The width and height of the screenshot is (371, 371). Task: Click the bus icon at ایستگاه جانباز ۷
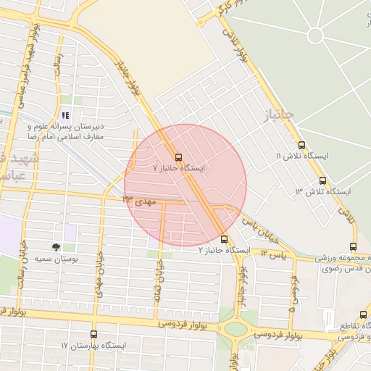[178, 157]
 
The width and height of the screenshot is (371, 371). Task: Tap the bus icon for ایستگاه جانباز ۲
[224, 239]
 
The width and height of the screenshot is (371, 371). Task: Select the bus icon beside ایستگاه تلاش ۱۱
[301, 145]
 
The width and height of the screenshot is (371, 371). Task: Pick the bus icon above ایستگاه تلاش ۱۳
[322, 180]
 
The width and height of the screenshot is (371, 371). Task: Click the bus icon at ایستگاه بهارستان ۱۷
[93, 335]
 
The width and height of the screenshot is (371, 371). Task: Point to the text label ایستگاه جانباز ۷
[178, 168]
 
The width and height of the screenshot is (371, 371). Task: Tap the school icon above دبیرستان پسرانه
[65, 115]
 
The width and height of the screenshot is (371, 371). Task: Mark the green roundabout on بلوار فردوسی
[235, 328]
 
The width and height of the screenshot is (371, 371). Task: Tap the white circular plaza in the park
[315, 35]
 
